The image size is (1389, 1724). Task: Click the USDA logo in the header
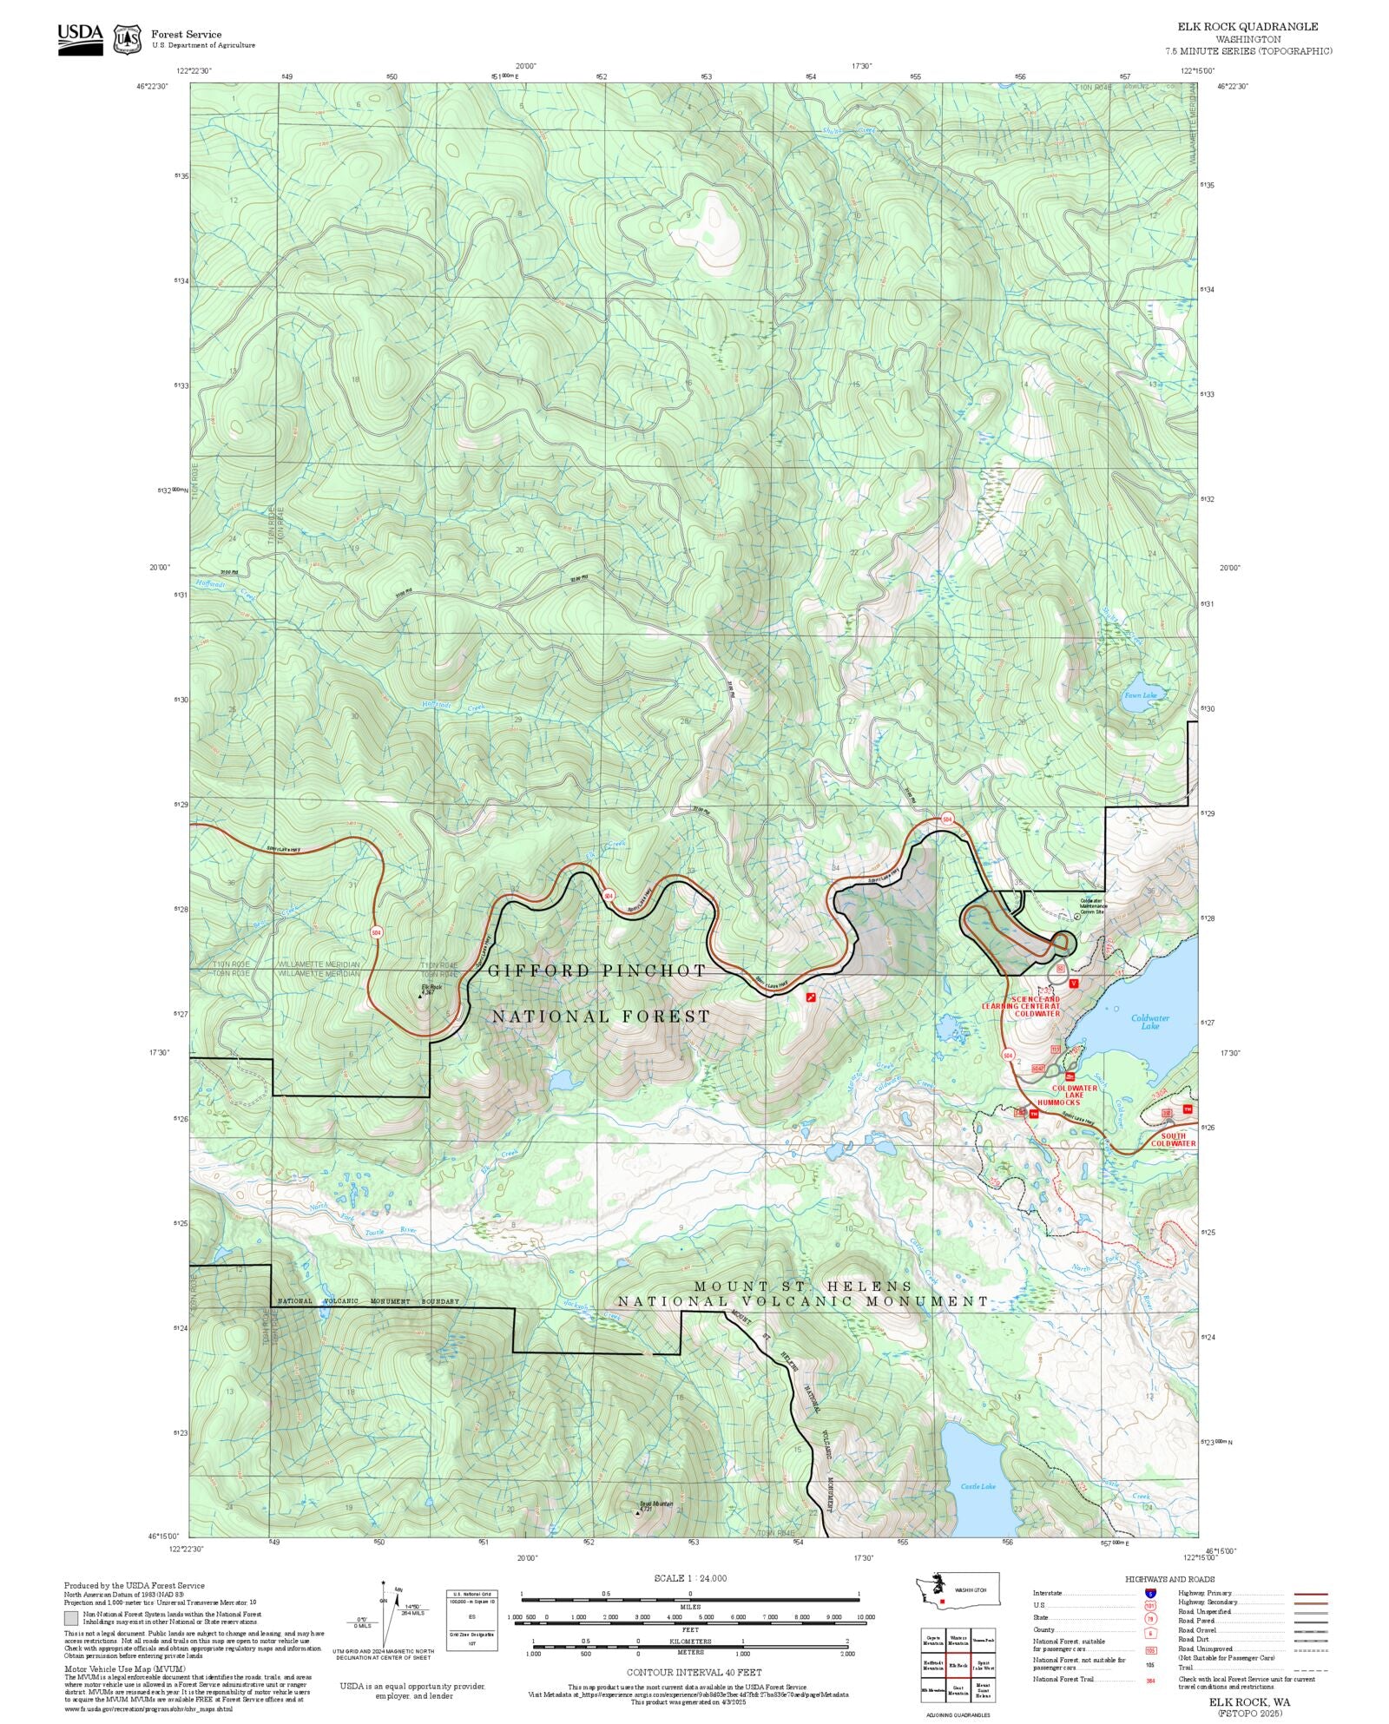[x=80, y=39]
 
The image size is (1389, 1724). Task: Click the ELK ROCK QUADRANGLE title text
[x=1247, y=27]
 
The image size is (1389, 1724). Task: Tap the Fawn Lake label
[x=1140, y=694]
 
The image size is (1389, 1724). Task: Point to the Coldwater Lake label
[x=1149, y=1022]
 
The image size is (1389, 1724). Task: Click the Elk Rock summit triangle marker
[x=420, y=997]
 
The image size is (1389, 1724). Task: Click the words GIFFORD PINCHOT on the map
[x=597, y=971]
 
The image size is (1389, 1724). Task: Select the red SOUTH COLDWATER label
[x=1173, y=1139]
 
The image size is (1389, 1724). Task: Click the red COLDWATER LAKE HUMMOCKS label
[x=1074, y=1095]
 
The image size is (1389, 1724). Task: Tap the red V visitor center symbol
[x=1074, y=984]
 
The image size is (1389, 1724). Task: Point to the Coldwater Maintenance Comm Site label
[x=1091, y=905]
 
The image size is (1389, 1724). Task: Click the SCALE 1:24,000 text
[x=690, y=1578]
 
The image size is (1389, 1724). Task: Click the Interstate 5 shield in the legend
[x=1150, y=1593]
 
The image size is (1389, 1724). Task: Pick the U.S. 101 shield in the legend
[x=1150, y=1605]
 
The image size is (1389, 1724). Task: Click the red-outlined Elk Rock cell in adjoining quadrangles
[x=958, y=1665]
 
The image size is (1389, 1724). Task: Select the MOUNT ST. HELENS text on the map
[x=803, y=1286]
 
